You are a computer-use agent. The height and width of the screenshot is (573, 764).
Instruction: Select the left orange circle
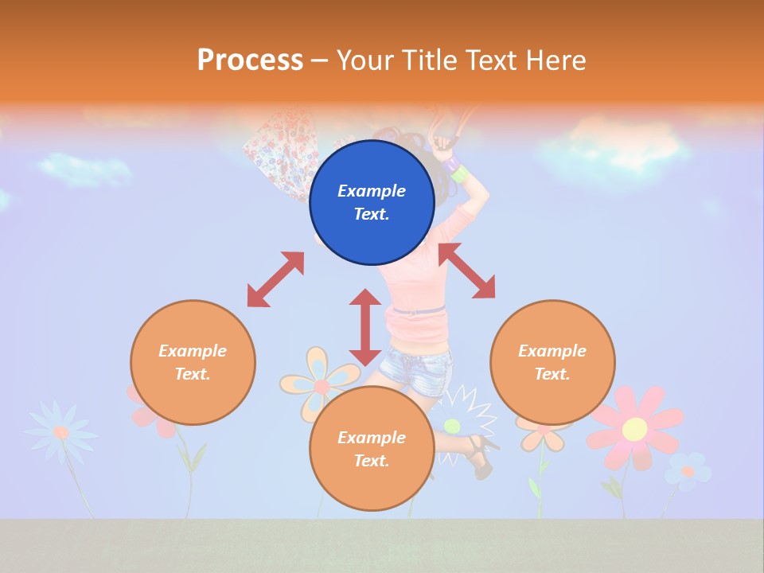click(193, 362)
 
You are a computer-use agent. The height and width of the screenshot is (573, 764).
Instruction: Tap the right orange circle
click(552, 362)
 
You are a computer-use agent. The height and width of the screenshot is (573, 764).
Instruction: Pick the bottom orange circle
click(372, 449)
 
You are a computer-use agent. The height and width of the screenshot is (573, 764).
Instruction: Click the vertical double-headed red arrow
click(365, 327)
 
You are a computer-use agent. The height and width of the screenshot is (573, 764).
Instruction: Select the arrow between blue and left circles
click(275, 279)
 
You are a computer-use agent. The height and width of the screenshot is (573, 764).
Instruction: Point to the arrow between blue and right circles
click(466, 271)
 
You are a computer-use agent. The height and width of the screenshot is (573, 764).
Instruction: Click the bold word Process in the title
click(250, 60)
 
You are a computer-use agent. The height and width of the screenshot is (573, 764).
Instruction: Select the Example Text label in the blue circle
click(372, 202)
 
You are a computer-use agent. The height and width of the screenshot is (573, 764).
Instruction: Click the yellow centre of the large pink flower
click(634, 429)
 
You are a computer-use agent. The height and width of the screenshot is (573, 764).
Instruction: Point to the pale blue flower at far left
click(60, 431)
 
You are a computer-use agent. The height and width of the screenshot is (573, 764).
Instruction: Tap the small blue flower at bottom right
click(688, 470)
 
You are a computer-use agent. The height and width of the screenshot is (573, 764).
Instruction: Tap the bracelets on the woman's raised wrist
click(455, 170)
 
